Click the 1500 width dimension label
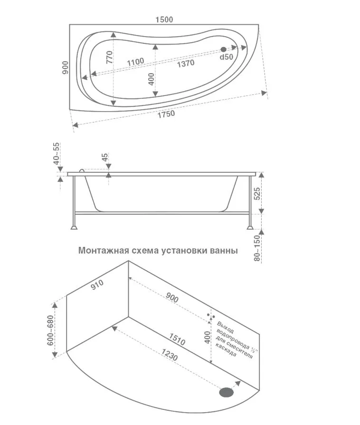pyautogui.click(x=164, y=19)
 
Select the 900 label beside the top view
pyautogui.click(x=66, y=67)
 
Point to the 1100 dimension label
pyautogui.click(x=135, y=62)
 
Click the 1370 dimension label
pyautogui.click(x=186, y=64)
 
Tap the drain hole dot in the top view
pyautogui.click(x=224, y=49)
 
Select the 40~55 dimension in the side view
pyautogui.click(x=57, y=153)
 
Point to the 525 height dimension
pyautogui.click(x=257, y=194)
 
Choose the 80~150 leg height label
pyautogui.click(x=257, y=248)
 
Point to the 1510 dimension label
pyautogui.click(x=177, y=339)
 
